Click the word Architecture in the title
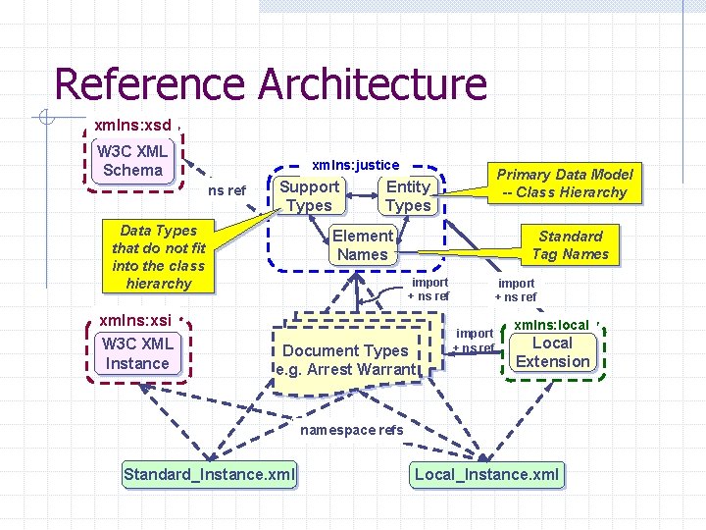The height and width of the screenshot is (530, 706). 372,84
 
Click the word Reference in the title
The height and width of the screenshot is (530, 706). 151,84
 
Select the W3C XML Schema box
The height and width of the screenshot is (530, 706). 132,161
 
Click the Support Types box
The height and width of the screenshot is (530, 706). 310,195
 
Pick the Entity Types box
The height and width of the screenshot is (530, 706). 408,195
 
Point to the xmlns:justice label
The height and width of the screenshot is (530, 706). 355,165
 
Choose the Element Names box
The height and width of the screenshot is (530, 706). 363,244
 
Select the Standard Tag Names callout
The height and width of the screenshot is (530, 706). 570,244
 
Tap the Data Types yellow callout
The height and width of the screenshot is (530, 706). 158,257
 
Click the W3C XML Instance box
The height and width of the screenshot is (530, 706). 137,353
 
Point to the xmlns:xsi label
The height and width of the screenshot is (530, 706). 135,320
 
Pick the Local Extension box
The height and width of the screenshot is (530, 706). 553,352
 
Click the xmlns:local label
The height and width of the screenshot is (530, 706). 551,324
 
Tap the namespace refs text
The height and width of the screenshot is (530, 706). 351,430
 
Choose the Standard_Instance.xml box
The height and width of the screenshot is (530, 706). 210,475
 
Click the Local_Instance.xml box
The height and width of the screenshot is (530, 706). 487,475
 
